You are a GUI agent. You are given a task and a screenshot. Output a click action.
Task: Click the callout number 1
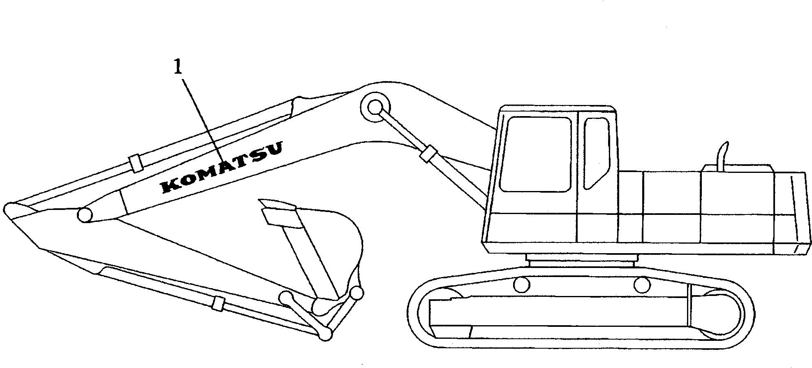178,67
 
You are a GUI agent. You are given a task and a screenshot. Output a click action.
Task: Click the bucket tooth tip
263,203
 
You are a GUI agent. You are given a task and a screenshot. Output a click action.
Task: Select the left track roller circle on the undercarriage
522,284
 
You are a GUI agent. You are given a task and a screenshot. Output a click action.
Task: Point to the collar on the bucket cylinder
218,303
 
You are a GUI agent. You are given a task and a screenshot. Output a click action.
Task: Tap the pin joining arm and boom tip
84,214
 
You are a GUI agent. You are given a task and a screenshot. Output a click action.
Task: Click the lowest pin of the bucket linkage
325,334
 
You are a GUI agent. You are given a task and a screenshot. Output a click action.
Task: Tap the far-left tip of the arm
9,207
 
